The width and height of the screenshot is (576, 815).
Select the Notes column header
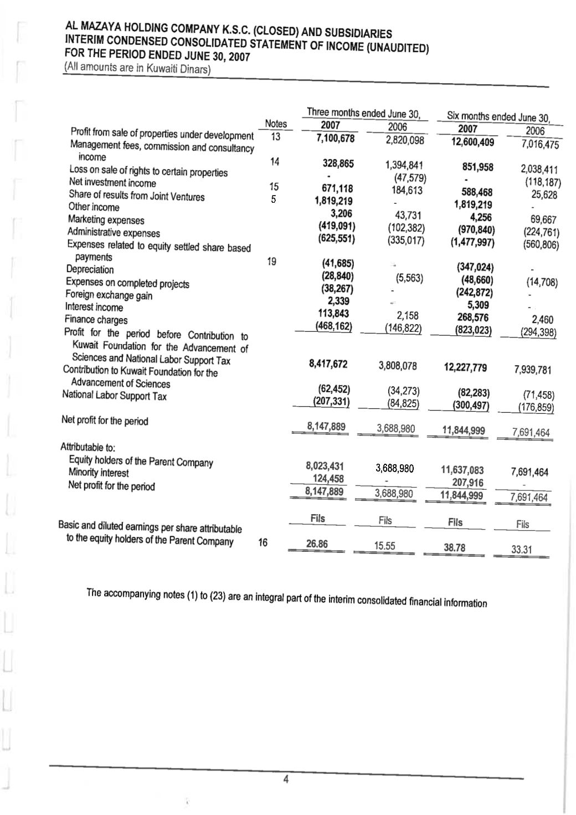click(x=276, y=124)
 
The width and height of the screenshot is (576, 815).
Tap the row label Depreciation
click(x=90, y=270)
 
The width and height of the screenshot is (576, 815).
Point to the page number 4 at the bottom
click(x=286, y=780)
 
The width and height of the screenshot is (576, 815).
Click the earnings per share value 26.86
click(x=317, y=544)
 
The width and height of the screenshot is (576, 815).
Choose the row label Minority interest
click(x=99, y=473)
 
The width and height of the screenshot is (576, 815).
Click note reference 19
click(x=271, y=262)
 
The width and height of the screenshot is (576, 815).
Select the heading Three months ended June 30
click(x=363, y=114)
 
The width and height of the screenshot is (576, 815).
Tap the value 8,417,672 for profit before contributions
click(x=328, y=364)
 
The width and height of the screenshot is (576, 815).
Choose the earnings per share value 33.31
click(x=521, y=550)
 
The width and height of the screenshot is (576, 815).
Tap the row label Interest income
click(x=94, y=307)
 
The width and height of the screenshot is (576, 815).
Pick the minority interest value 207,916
click(x=467, y=483)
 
